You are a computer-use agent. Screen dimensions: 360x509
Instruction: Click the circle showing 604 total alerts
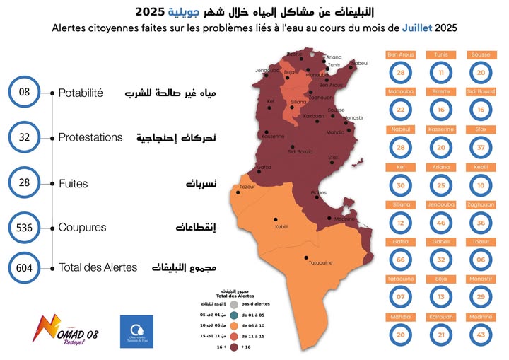tap(27, 268)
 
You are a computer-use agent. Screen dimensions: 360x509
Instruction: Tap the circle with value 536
tap(27, 228)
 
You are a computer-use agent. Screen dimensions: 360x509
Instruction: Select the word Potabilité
tap(81, 93)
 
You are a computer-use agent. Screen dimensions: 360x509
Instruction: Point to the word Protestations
tap(90, 137)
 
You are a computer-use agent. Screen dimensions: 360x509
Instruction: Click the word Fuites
tap(73, 183)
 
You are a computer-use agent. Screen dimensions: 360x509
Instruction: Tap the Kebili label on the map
tap(281, 226)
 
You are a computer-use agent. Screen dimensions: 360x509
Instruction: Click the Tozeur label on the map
tap(247, 187)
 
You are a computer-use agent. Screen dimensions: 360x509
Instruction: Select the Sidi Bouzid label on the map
tap(301, 151)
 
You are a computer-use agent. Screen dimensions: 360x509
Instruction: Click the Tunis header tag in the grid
tap(440, 54)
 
